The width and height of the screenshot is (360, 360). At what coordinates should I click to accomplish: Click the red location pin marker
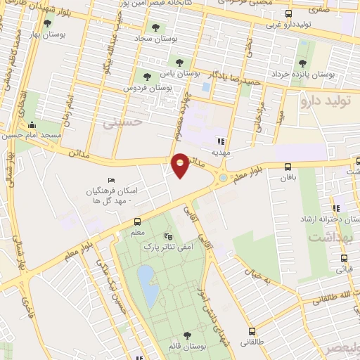point(180,165)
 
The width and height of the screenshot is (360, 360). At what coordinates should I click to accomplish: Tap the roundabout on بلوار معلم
point(223,178)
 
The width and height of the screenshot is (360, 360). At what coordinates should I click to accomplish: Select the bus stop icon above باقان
point(288,167)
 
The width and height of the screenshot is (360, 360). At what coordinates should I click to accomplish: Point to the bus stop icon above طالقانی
point(251,332)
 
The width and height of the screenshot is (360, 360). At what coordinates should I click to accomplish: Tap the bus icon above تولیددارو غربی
point(288,13)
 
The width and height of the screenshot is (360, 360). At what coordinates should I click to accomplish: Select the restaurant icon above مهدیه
point(221,140)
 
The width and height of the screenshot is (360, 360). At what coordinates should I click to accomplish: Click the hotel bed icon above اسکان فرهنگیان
point(110,181)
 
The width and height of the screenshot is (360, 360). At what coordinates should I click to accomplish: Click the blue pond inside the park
point(148,285)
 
